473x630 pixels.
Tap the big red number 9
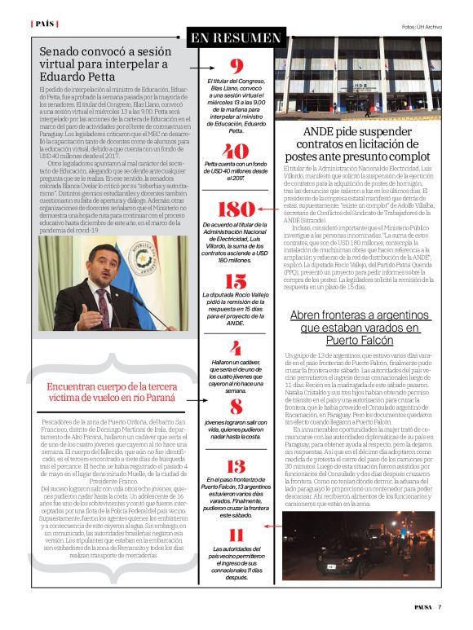click(236, 67)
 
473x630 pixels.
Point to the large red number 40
click(236, 152)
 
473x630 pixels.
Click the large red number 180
click(236, 209)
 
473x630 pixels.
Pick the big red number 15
click(236, 282)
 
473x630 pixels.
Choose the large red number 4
click(236, 348)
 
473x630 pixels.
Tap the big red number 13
click(236, 466)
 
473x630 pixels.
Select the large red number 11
click(236, 535)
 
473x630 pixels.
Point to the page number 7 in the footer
click(439, 606)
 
